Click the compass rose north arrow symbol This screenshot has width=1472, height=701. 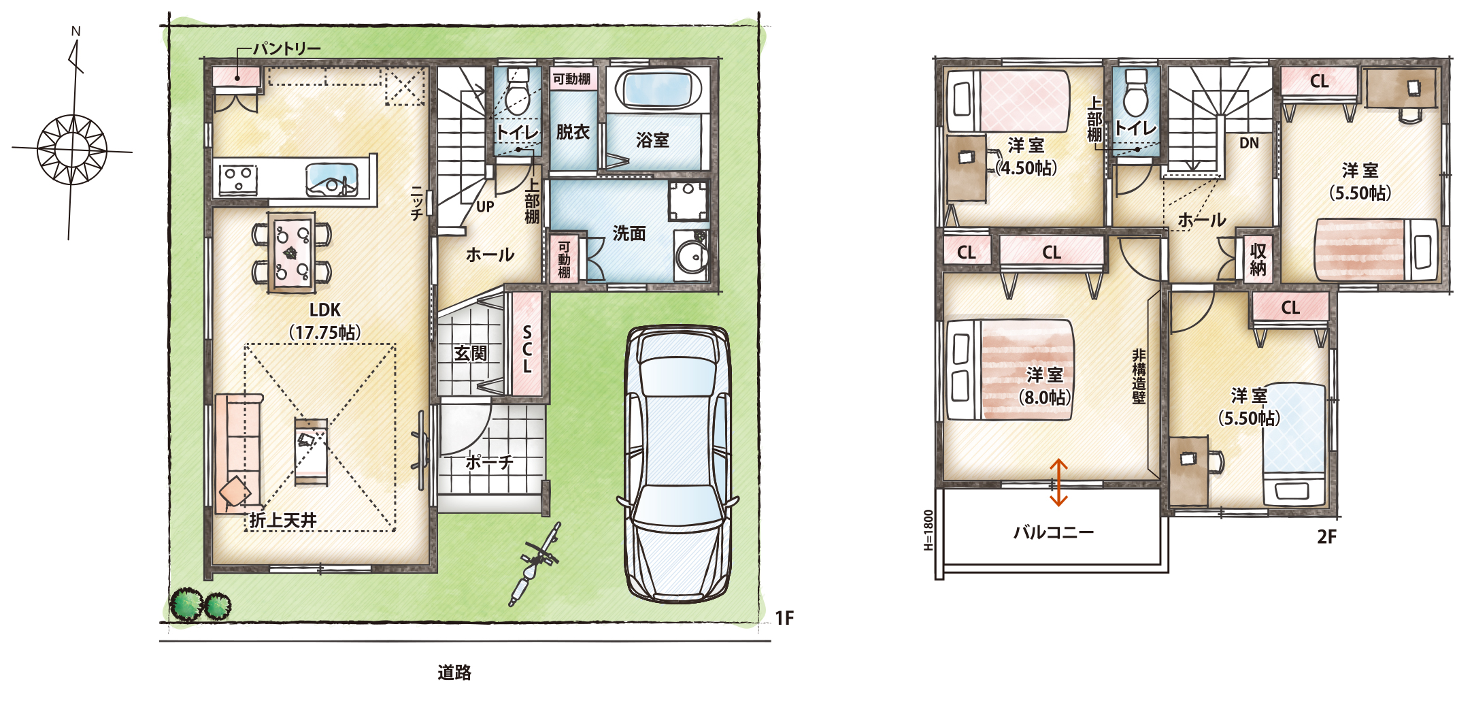(72, 136)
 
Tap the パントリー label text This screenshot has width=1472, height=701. (286, 48)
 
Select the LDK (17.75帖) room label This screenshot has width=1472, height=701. (325, 321)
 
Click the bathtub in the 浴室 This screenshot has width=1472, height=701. (658, 88)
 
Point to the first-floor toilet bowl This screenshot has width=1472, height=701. (518, 92)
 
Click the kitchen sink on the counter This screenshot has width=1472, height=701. (331, 180)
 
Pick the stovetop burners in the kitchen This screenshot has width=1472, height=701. (237, 179)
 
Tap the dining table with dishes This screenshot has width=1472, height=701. (292, 252)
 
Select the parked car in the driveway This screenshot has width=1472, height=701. (678, 464)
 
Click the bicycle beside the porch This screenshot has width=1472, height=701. (535, 564)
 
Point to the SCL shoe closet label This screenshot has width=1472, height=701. (527, 349)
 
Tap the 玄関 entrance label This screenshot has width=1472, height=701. (471, 353)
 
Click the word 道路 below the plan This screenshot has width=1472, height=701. (454, 672)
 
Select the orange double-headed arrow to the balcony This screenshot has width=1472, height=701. (1058, 483)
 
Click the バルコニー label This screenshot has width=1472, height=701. (1054, 532)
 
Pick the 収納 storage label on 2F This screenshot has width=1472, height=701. (1258, 259)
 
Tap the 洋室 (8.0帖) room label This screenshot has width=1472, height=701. (1045, 386)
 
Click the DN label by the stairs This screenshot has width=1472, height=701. (1249, 143)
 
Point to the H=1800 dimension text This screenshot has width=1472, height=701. (929, 530)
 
